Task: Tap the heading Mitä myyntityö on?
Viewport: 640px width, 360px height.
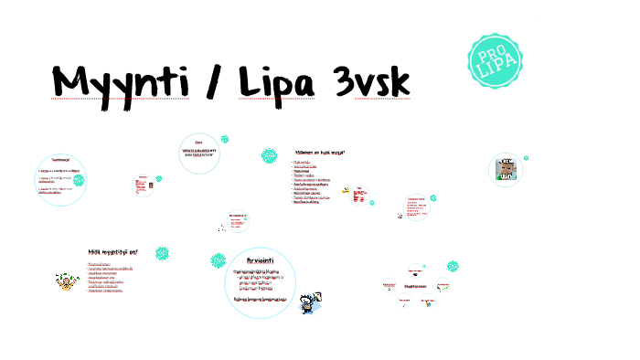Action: (x=112, y=251)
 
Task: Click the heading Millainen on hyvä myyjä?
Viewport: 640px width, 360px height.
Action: (x=319, y=153)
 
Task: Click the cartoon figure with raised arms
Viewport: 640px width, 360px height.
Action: (x=65, y=281)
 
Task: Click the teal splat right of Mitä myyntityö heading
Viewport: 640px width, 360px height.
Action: (x=162, y=252)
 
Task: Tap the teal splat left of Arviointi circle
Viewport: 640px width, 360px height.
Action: (x=218, y=259)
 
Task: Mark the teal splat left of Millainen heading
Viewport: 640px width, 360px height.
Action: (x=269, y=156)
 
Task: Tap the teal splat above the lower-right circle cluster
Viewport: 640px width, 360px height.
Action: (x=453, y=266)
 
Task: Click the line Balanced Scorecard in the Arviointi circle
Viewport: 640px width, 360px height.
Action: (x=261, y=299)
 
